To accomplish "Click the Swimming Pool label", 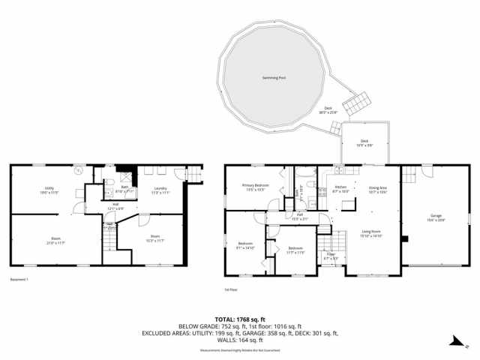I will [x=273, y=77].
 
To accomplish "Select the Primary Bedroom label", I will [x=255, y=186].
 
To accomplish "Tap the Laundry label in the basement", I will [x=160, y=189].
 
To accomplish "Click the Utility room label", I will [x=49, y=189].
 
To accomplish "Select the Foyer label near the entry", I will [x=330, y=255].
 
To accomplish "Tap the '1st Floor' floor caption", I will [x=230, y=289].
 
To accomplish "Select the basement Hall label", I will [x=116, y=206].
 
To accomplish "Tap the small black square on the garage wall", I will [x=404, y=240].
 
